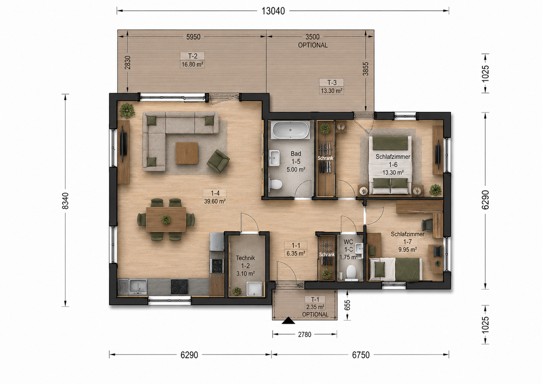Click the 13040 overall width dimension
click(x=273, y=11)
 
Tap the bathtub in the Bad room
click(x=290, y=130)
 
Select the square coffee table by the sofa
click(x=186, y=153)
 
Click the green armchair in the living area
click(x=218, y=161)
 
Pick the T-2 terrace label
click(x=193, y=56)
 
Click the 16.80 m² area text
click(x=192, y=64)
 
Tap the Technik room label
click(x=245, y=258)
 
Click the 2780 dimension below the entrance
click(x=304, y=334)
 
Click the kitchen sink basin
click(x=138, y=286)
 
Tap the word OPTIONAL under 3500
click(x=313, y=45)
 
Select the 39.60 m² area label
click(x=215, y=201)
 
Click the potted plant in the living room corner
click(x=127, y=110)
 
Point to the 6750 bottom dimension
click(x=361, y=355)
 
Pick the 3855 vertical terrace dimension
click(x=366, y=69)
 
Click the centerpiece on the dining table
click(x=166, y=219)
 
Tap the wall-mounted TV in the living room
click(x=124, y=147)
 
